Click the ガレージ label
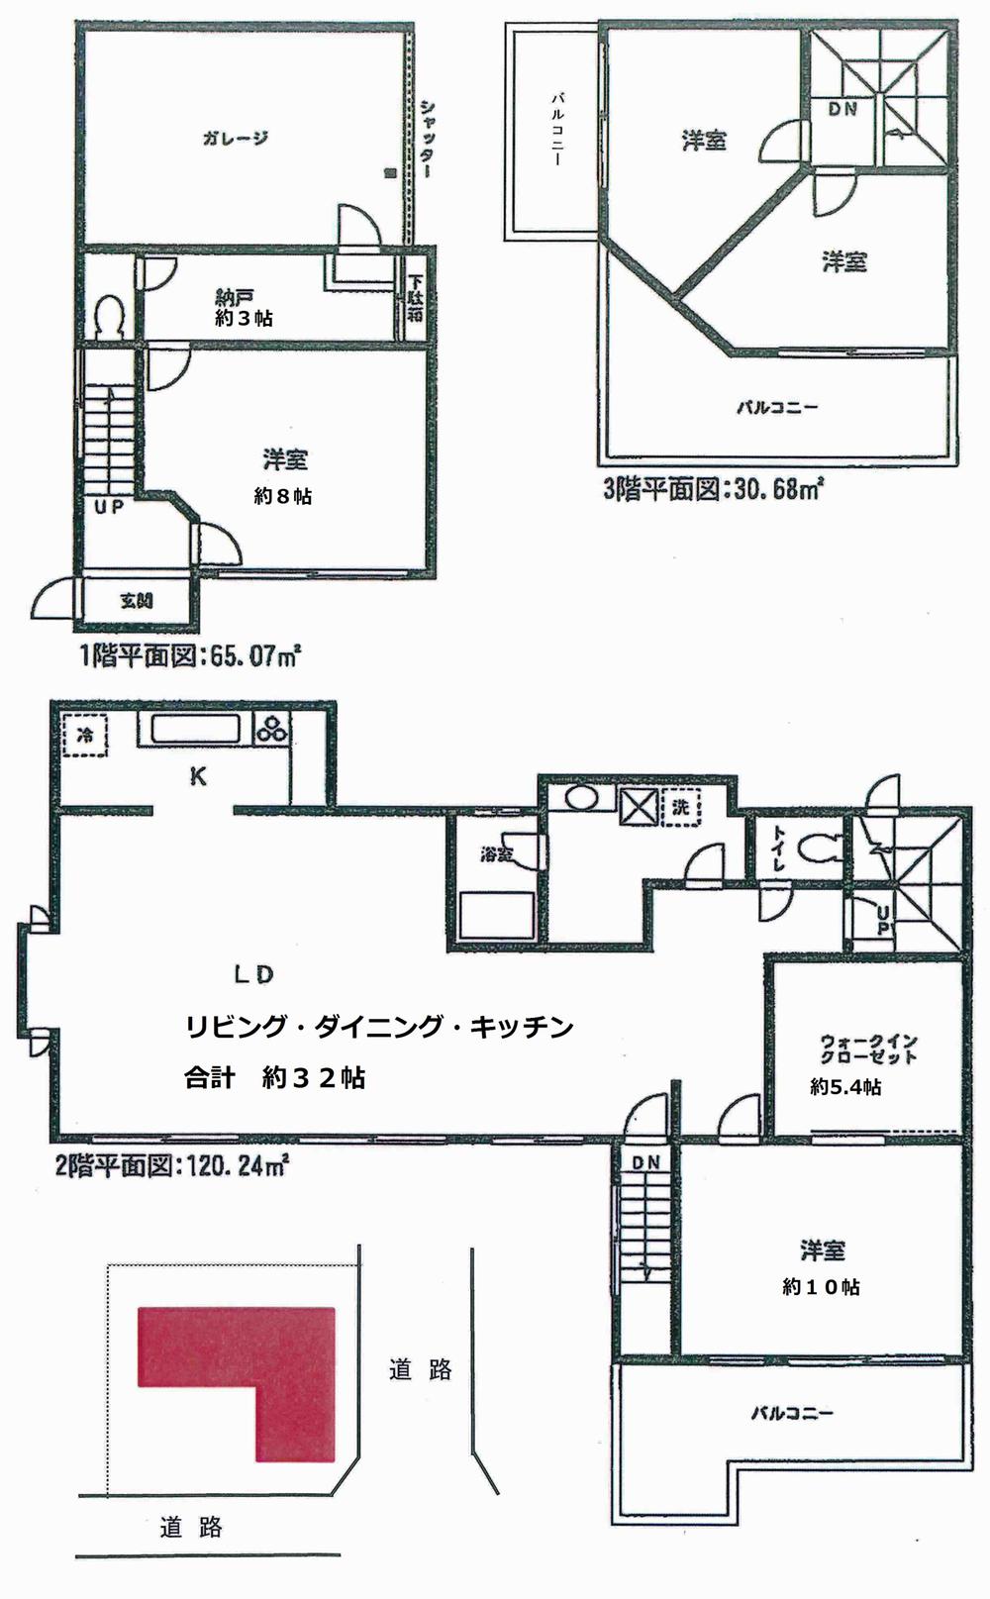236,138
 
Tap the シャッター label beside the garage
426,138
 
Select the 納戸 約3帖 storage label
244,307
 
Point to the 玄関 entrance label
138,601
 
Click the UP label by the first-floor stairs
109,508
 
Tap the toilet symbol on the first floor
107,316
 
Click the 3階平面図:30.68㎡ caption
714,489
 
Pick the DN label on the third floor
842,109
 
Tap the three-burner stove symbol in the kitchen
272,731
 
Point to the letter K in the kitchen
198,777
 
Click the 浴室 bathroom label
497,853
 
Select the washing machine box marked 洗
679,807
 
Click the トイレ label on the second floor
778,849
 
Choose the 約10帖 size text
821,1287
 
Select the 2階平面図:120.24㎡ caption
171,1165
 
